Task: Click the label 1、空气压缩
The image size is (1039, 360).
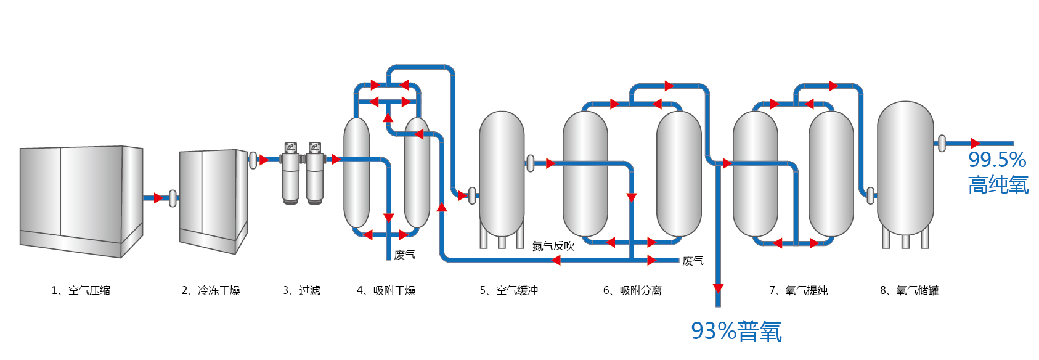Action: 81,290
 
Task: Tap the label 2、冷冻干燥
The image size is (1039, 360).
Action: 210,290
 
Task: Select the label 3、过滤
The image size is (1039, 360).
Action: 301,290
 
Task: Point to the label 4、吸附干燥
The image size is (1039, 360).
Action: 386,290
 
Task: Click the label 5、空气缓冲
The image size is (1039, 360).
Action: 508,290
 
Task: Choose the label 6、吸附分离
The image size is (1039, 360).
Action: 632,290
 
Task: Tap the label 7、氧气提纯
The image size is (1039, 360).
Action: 798,290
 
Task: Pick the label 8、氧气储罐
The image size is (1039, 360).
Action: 909,290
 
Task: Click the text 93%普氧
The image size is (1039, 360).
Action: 736,332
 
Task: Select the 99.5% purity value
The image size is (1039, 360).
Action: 996,160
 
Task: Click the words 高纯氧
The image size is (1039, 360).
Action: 998,185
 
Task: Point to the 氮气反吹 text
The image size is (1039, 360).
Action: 553,246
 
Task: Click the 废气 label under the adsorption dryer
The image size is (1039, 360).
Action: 404,255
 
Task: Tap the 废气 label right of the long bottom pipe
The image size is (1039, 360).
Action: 693,261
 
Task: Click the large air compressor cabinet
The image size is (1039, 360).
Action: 81,200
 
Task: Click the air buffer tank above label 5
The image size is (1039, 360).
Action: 502,176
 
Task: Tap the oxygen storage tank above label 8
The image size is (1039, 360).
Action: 905,170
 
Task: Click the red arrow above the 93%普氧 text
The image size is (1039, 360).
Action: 718,288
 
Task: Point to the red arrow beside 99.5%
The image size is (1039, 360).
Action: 975,144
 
